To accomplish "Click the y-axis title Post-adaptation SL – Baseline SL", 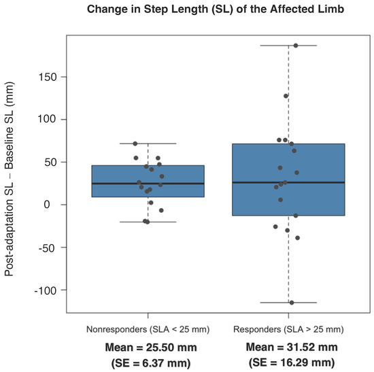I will pos(10,175).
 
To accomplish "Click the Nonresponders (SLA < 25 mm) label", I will pos(148,329).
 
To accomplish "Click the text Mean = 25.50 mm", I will pos(148,347).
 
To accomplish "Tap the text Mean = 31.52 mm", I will pos(288,347).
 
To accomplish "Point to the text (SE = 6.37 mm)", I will pos(148,363).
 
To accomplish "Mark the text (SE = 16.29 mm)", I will pos(288,363).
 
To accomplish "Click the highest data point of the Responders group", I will pos(295,46).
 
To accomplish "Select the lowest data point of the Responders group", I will pos(292,303).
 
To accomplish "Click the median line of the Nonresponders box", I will pos(148,184).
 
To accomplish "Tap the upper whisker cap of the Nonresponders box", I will pos(148,143).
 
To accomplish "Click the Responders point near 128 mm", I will pos(286,96).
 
